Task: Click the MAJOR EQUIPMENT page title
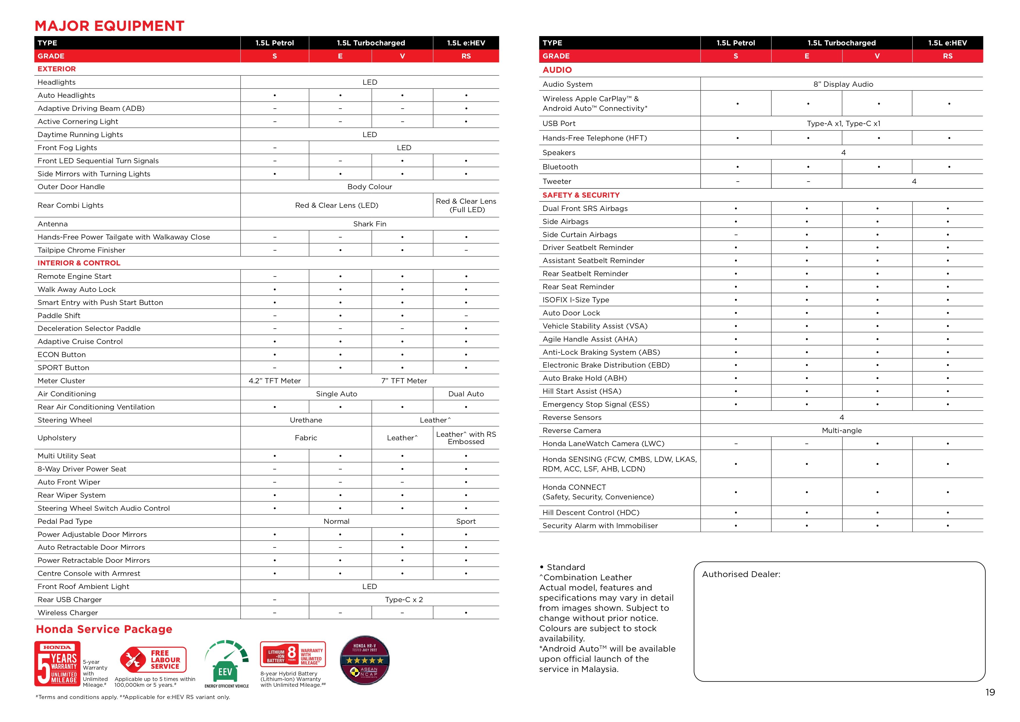pos(109,26)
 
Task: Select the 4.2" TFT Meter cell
pos(274,381)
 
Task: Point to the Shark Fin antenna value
pos(370,224)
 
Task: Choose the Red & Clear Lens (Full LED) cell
pos(466,205)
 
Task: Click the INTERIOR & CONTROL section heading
pos(79,263)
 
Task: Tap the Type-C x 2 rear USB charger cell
pos(404,600)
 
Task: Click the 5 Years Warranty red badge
pos(57,664)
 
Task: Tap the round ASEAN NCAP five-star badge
pos(364,660)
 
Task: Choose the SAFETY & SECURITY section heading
pos(581,195)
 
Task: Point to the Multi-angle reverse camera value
pos(841,431)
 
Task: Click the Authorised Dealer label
pos(741,574)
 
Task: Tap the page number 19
pos(990,692)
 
